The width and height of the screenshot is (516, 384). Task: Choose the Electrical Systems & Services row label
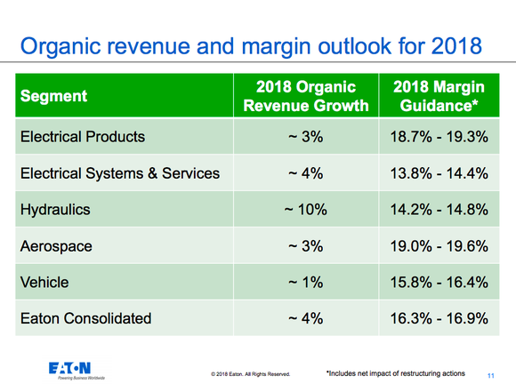click(119, 173)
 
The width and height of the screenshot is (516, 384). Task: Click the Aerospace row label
click(58, 245)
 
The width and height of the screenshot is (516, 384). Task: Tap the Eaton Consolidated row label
click(85, 317)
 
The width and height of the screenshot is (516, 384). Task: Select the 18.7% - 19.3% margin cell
click(439, 137)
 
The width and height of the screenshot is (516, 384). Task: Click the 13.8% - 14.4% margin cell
click(439, 173)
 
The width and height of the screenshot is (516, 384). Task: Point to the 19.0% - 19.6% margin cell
click(439, 245)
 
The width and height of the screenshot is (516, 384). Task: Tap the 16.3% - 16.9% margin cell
click(439, 317)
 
